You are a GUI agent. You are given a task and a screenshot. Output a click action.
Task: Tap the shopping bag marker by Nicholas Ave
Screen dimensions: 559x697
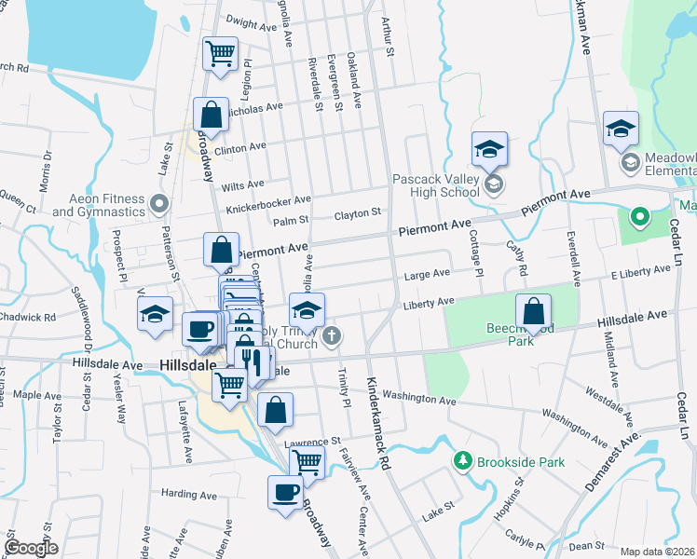click(212, 114)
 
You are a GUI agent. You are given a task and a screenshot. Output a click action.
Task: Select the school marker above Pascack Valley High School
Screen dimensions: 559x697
click(489, 147)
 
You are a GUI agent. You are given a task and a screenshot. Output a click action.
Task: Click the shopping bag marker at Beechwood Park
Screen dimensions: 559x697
click(533, 310)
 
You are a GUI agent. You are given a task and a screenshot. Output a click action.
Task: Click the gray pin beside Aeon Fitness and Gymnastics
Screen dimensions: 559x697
click(160, 202)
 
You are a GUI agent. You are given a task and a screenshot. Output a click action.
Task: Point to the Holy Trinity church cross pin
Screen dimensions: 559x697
click(331, 335)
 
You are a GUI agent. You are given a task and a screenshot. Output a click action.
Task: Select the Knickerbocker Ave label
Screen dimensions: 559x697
click(268, 202)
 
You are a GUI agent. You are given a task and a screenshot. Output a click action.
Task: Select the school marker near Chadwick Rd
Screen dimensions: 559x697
click(155, 313)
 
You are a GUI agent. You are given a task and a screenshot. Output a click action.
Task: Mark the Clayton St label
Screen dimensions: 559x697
click(359, 213)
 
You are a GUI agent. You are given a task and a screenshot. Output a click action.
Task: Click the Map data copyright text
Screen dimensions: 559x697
click(657, 552)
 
